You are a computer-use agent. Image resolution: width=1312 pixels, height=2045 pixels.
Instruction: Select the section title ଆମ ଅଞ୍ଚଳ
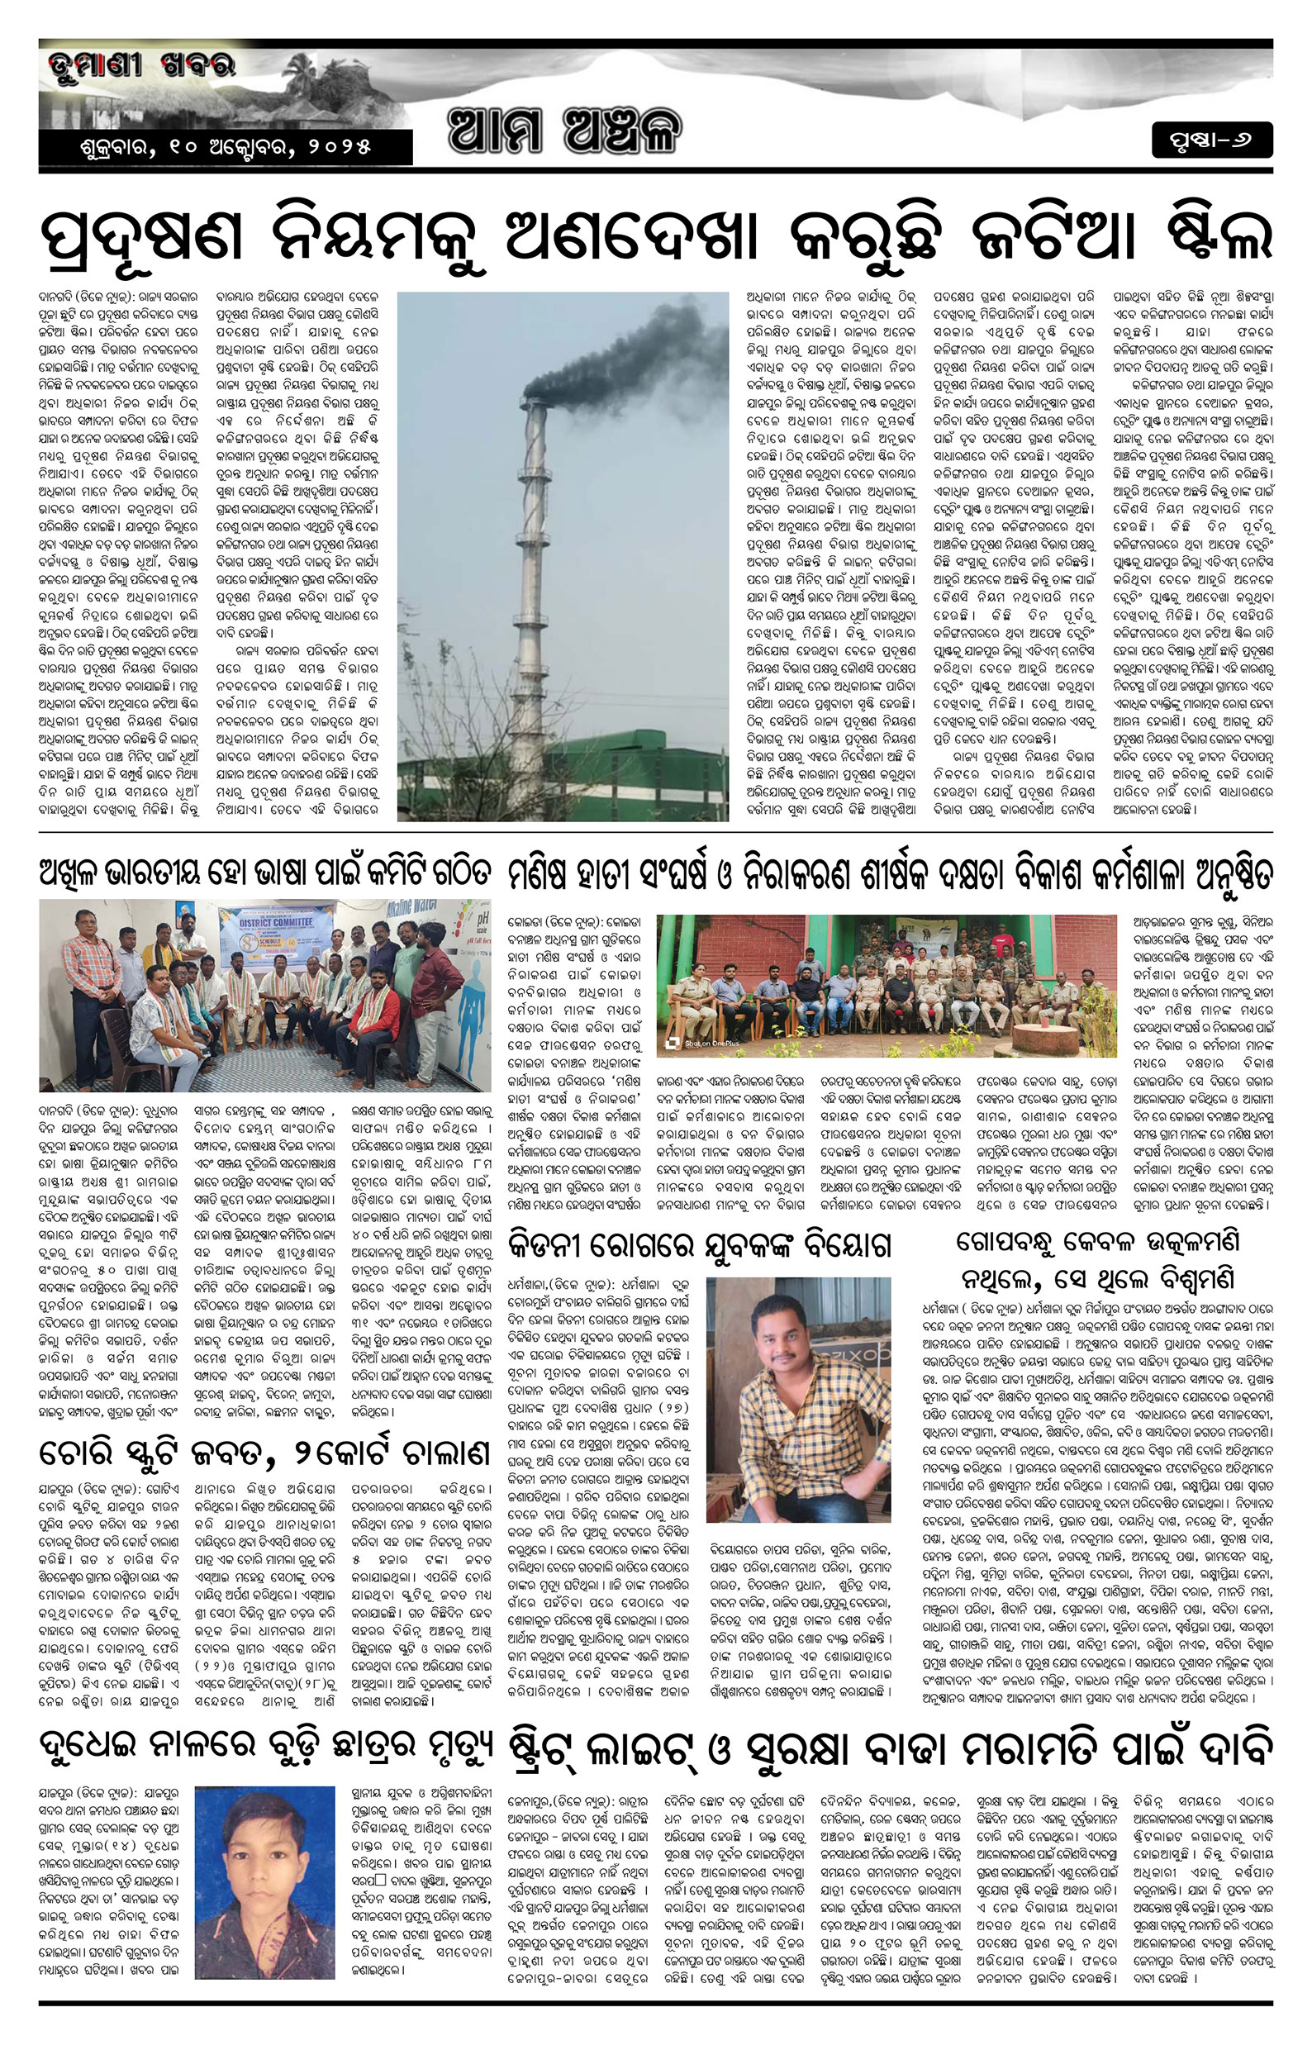click(565, 131)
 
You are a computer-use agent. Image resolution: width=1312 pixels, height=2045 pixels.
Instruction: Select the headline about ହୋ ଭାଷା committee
click(265, 874)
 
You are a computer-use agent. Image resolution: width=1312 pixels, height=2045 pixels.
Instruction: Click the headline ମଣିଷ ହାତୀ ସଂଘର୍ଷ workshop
click(890, 874)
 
